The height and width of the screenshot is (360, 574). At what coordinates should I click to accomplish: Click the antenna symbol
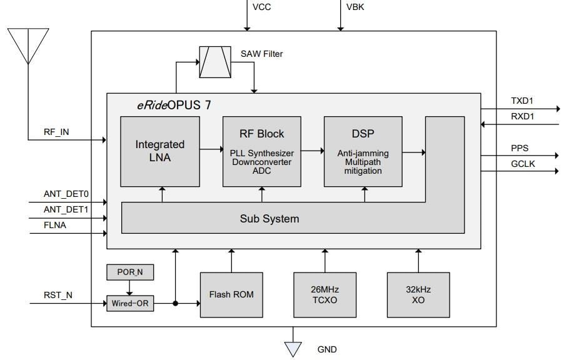coord(29,44)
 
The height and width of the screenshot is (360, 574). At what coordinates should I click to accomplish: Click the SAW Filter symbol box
coord(214,62)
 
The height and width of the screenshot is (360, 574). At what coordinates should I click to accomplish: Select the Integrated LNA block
coord(160,151)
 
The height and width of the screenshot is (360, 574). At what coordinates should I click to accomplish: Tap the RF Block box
coord(262,151)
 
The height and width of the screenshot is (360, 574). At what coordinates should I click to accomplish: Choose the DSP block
coord(363,151)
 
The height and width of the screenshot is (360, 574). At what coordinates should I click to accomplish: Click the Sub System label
coord(269,219)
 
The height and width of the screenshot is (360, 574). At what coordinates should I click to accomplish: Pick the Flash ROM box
coord(231,294)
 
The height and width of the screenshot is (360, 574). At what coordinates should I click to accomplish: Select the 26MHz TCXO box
coord(325,294)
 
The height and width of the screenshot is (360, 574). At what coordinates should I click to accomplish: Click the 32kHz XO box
coord(418,294)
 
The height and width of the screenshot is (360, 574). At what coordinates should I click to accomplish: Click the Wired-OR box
coord(130,304)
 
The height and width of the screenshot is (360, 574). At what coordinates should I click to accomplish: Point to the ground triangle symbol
coord(293,349)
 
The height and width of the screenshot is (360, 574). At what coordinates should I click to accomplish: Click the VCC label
coord(261,7)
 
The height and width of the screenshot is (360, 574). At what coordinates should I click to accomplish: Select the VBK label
coord(355,7)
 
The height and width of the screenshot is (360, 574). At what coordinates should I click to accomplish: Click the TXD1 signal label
coord(523,101)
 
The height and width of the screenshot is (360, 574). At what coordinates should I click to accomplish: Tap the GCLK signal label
coord(523,164)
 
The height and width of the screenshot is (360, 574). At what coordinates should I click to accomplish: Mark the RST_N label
coord(58,296)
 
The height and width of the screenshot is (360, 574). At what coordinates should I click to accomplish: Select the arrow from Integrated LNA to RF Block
coord(211,150)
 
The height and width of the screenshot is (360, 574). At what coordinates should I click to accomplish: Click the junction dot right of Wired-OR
coord(176,304)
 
